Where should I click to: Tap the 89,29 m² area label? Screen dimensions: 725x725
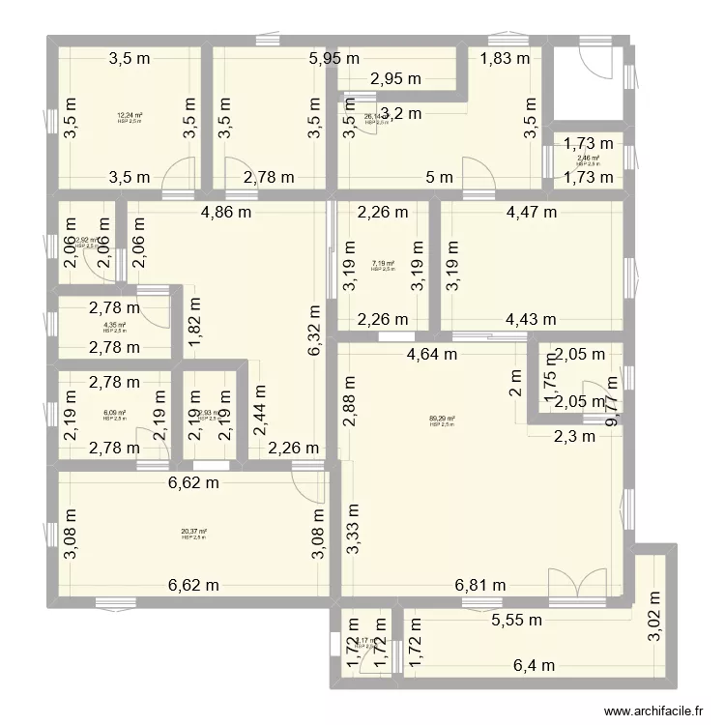click(x=442, y=419)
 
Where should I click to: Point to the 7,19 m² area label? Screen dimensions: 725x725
click(x=383, y=263)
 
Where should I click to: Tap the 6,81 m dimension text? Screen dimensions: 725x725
click(x=482, y=584)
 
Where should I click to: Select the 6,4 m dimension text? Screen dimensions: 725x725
click(x=534, y=665)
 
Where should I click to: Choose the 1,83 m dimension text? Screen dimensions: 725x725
click(x=506, y=58)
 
